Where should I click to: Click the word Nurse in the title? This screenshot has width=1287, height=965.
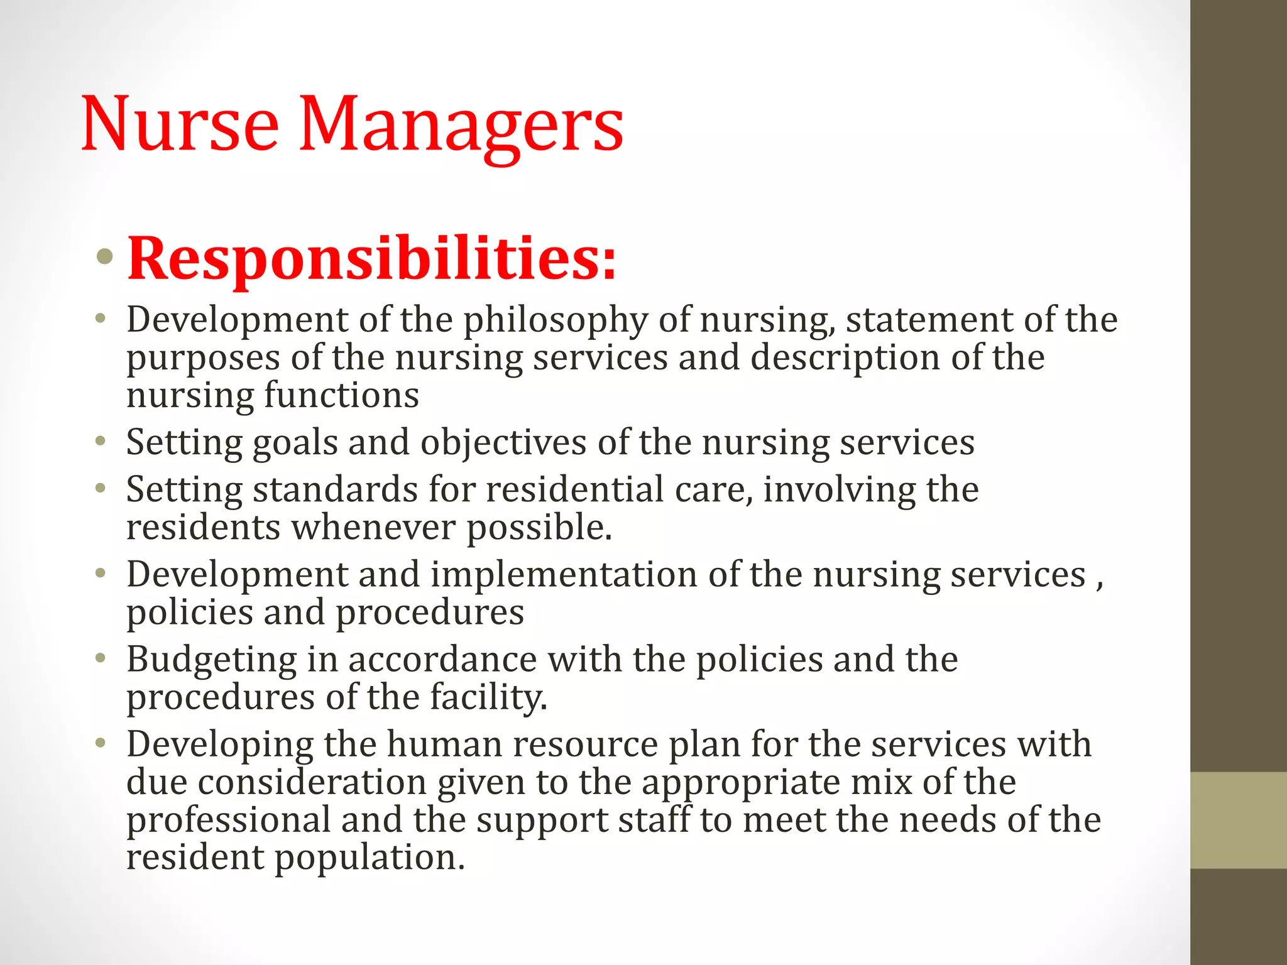click(x=180, y=124)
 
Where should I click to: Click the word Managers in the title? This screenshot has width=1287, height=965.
click(x=461, y=124)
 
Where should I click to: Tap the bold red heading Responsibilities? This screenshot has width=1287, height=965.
click(x=372, y=258)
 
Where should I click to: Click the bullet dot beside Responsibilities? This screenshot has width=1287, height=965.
click(x=105, y=256)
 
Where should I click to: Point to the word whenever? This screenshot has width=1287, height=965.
click(x=373, y=527)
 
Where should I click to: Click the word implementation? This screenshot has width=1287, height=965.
click(x=564, y=575)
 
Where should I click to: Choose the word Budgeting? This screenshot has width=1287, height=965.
click(x=212, y=660)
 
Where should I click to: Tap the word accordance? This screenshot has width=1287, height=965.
click(x=442, y=660)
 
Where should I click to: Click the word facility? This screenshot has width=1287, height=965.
click(x=488, y=697)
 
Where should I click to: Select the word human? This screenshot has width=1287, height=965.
click(x=444, y=744)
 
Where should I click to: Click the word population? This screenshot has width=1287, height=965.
click(x=370, y=858)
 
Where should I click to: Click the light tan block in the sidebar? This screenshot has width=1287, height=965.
click(x=1239, y=820)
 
